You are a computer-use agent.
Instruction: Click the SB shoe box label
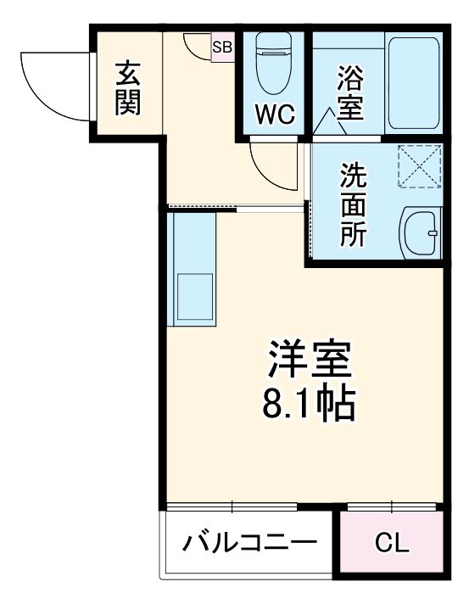(x=222, y=48)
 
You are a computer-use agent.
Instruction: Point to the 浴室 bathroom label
(x=349, y=94)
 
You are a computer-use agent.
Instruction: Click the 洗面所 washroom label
(x=354, y=204)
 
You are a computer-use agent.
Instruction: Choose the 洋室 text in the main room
(x=310, y=361)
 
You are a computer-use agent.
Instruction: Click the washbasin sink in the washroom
(x=419, y=231)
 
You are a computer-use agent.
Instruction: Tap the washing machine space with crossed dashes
(x=421, y=165)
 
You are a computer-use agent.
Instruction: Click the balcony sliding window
(x=232, y=506)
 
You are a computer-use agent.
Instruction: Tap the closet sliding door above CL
(x=393, y=506)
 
